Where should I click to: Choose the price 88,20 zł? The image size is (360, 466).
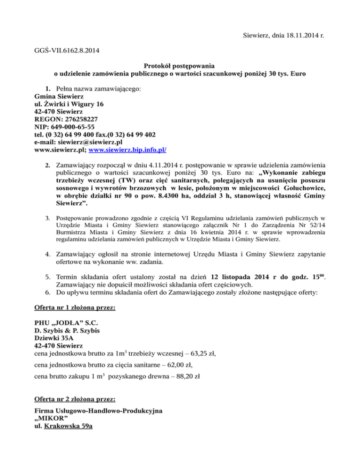185,378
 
